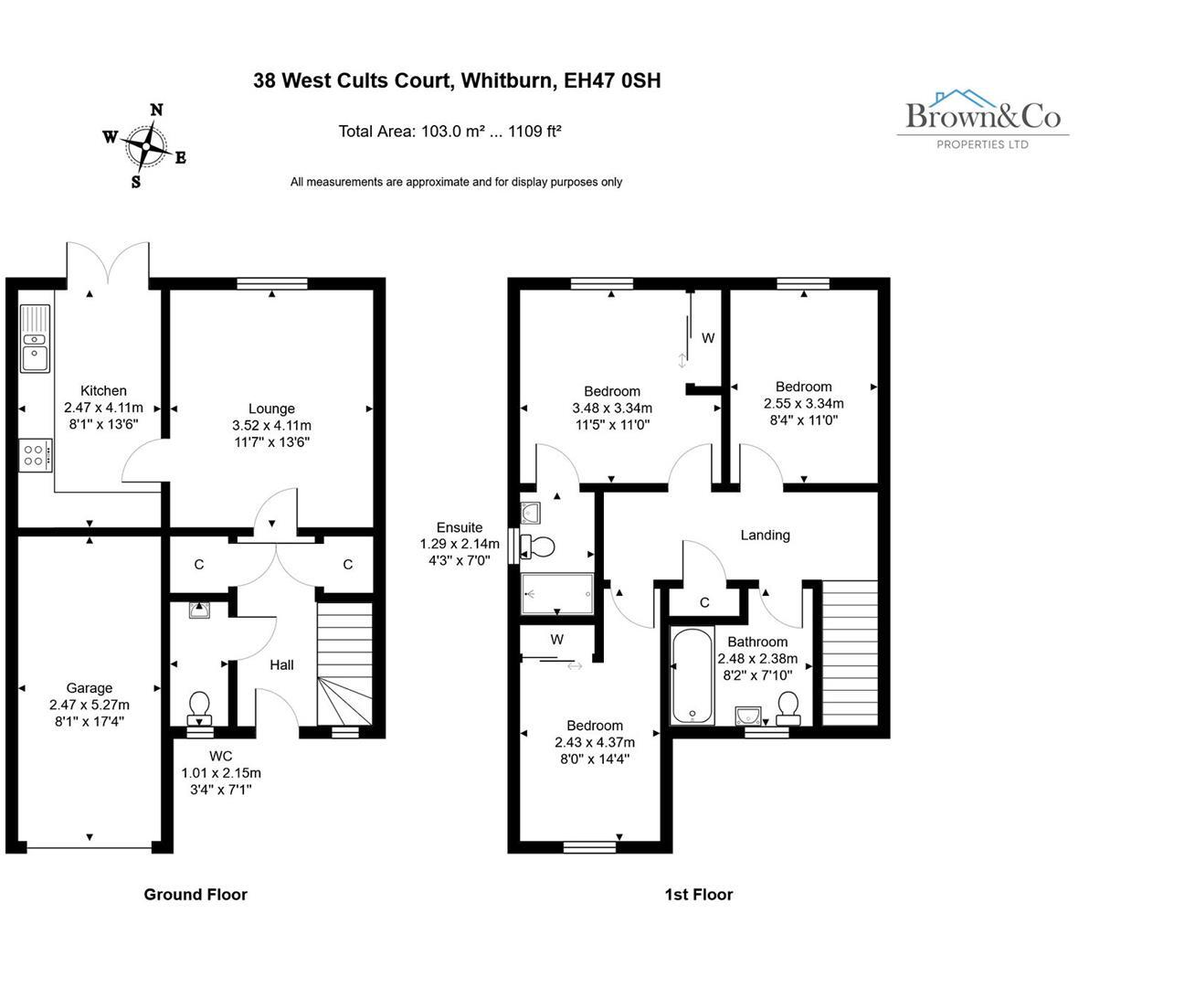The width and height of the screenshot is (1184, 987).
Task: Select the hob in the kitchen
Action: coord(36,454)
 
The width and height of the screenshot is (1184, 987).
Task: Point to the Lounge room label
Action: coord(271,409)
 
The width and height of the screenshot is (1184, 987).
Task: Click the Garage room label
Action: coord(90,688)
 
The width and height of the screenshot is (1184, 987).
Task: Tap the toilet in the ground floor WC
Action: coord(199,706)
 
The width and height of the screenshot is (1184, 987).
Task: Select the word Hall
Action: coord(281,664)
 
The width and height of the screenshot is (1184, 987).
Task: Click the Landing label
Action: coord(765,535)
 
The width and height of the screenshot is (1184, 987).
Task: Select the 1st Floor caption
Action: coord(698,895)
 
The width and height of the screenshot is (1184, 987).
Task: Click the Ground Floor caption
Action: coord(196,895)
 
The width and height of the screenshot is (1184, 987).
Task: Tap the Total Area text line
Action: coord(449,131)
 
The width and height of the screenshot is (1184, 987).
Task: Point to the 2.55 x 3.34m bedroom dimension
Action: coord(803,403)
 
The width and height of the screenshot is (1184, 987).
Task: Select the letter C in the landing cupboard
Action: coord(704,602)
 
